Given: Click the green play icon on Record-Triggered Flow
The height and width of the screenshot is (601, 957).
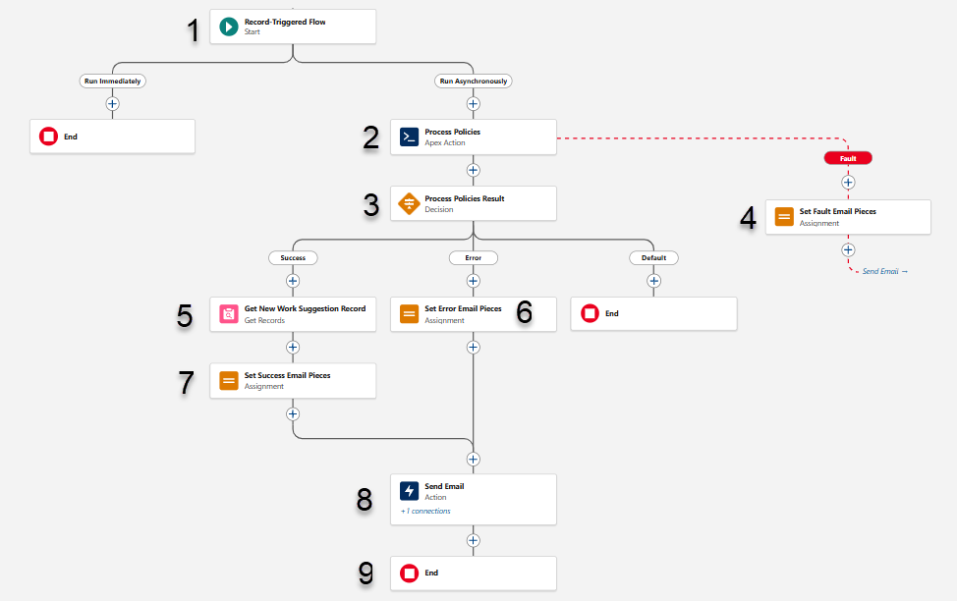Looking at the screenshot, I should click(x=229, y=27).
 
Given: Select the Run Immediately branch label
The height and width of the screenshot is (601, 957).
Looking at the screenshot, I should click(x=112, y=82).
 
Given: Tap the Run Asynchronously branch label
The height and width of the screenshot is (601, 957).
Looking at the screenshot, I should click(x=474, y=82).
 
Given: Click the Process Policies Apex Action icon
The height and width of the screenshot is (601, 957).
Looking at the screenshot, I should click(x=409, y=137).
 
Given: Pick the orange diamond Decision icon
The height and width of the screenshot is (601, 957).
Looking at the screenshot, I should click(x=409, y=204).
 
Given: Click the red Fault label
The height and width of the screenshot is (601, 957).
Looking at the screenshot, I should click(x=848, y=158).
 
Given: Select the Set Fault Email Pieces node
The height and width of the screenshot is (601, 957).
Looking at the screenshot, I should click(x=848, y=217).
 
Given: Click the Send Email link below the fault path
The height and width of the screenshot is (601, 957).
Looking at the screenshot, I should click(x=884, y=271).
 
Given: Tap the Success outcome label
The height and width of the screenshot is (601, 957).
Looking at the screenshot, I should click(x=293, y=258).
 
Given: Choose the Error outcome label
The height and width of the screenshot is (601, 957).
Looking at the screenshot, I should click(x=474, y=258).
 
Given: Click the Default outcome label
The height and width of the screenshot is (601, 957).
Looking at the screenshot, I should click(x=653, y=258).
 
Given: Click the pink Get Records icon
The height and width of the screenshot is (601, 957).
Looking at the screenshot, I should click(x=229, y=314).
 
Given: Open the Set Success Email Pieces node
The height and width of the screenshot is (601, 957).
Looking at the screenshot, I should click(x=293, y=381).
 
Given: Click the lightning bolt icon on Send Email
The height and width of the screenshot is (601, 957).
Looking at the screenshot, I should click(x=409, y=492).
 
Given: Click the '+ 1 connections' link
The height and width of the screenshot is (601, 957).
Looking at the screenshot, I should click(x=425, y=512).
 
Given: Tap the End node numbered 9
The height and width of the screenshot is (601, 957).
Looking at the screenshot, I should click(x=474, y=574).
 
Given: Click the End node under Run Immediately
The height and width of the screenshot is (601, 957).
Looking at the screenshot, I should click(x=112, y=137).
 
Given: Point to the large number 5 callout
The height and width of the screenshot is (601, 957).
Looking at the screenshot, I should click(x=185, y=315).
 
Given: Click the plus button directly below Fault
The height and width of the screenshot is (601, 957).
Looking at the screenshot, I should click(x=848, y=182).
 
